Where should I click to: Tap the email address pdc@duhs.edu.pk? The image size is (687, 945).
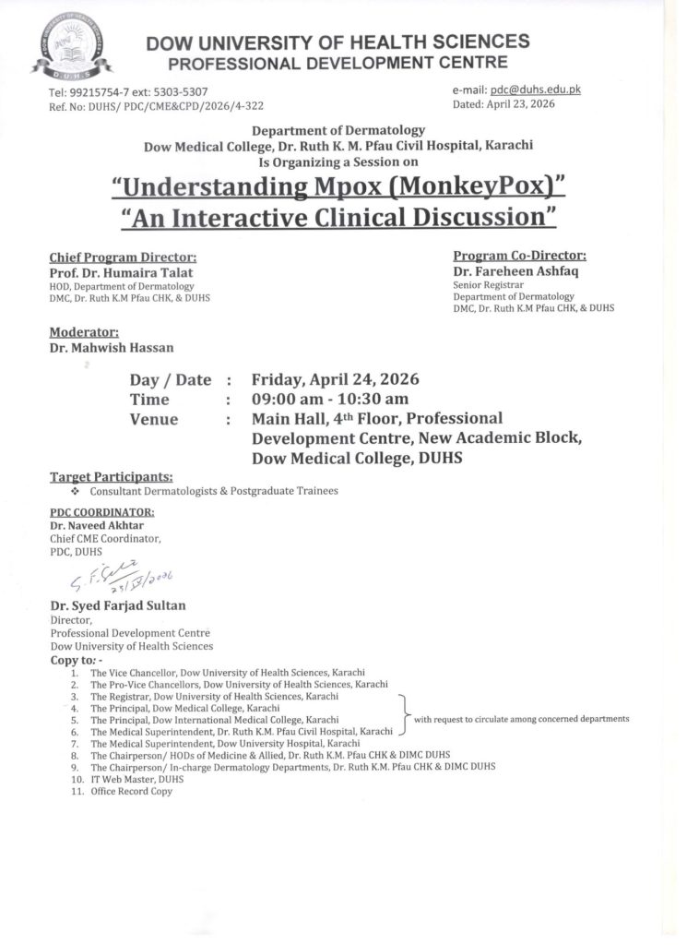pos(535,90)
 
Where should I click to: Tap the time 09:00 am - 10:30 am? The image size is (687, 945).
pos(329,400)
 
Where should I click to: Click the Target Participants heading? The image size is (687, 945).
pos(111,476)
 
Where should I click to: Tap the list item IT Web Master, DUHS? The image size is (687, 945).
pos(136,779)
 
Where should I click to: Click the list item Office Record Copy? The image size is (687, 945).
pos(131,792)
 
